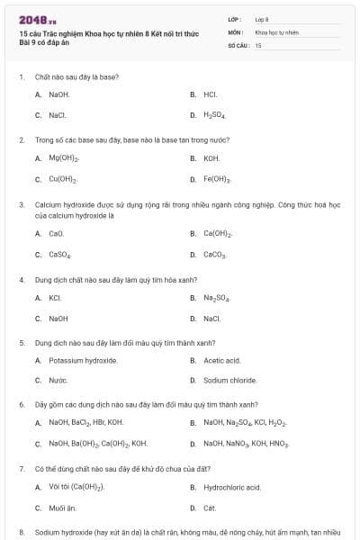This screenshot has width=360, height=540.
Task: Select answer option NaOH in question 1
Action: click(x=59, y=94)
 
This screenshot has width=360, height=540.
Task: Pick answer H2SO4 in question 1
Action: click(x=213, y=115)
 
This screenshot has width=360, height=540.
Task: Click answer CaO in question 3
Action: click(x=56, y=233)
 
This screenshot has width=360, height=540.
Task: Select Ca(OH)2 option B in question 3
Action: click(x=218, y=233)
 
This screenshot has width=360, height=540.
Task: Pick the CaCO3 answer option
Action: click(x=214, y=255)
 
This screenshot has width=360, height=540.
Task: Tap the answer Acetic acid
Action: click(x=221, y=360)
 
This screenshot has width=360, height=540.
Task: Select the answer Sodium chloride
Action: click(x=229, y=381)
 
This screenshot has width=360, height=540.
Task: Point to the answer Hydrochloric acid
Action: click(x=231, y=487)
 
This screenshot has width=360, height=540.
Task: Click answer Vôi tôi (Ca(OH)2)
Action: click(x=76, y=487)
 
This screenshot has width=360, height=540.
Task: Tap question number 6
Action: click(x=22, y=405)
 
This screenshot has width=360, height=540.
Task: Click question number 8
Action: click(x=22, y=533)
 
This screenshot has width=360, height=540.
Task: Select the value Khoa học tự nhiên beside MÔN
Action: click(x=276, y=31)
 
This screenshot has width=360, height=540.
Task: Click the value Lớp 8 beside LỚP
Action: click(x=262, y=18)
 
